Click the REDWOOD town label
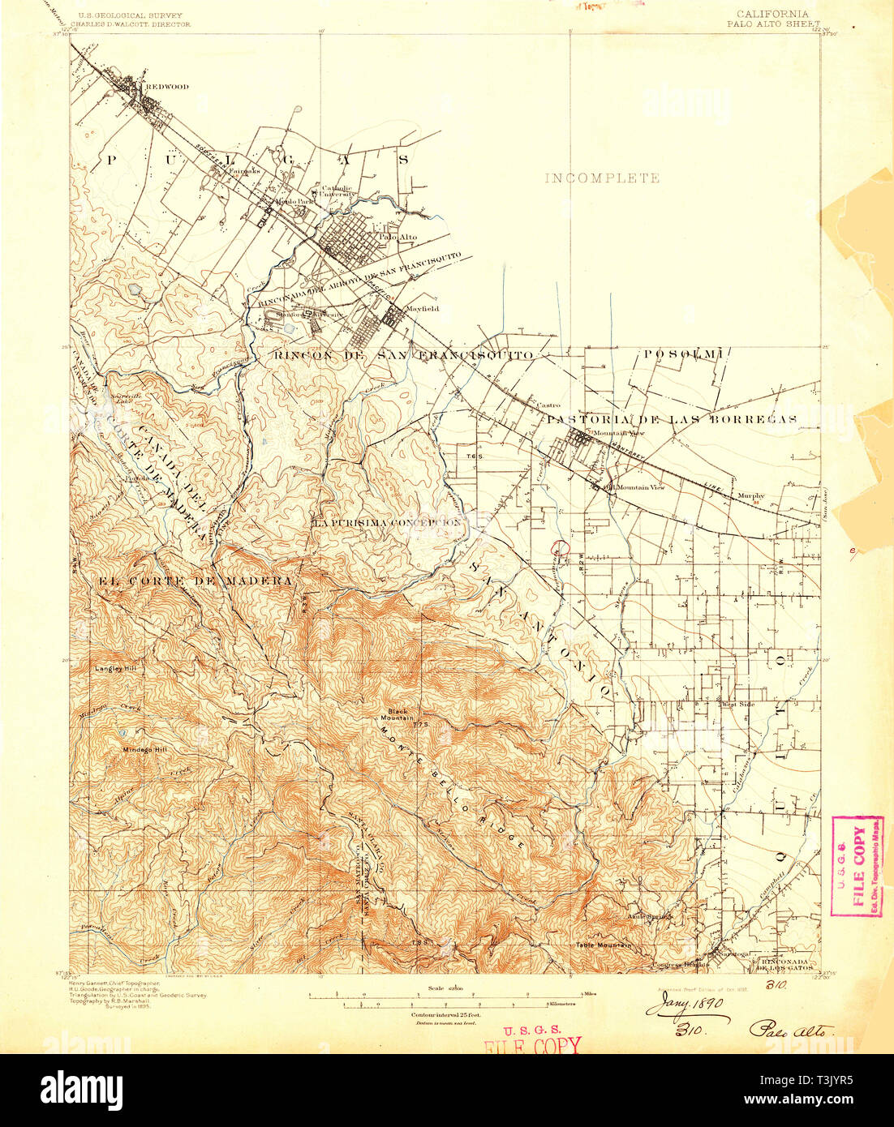coord(167,87)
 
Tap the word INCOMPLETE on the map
coord(602,178)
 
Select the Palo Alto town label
coord(398,238)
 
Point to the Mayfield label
coord(422,309)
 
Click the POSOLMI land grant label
coord(682,354)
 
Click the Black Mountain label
coord(398,714)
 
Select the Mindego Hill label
coord(144,749)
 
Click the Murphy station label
coord(750,495)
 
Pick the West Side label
coord(739,704)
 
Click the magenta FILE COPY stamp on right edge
coord(857,866)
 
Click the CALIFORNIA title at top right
coord(772,15)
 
